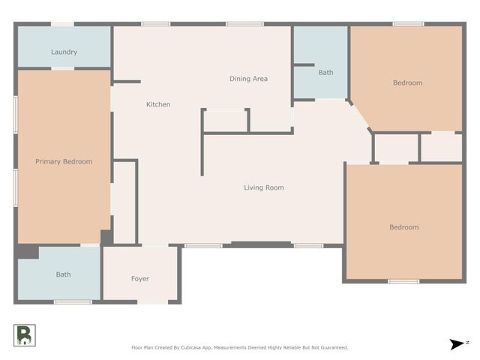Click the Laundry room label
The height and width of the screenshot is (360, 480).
(x=64, y=52)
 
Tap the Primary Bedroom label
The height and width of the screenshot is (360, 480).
(x=64, y=161)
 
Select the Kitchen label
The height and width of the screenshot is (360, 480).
(x=157, y=104)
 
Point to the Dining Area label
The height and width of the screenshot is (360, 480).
(x=248, y=79)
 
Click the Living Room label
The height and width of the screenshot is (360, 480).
(x=263, y=187)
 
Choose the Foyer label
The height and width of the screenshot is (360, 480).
(x=140, y=279)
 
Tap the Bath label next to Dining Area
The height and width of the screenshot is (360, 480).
(x=325, y=73)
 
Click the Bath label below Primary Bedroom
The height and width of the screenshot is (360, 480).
(x=64, y=274)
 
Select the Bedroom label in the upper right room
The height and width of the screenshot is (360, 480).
(x=407, y=82)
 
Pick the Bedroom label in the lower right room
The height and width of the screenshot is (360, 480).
(x=403, y=227)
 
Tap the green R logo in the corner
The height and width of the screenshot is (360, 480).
(x=24, y=335)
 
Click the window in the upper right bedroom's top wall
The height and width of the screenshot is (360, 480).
(x=408, y=24)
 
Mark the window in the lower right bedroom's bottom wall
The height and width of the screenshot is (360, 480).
(x=403, y=281)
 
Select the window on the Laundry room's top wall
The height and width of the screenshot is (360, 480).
(x=62, y=24)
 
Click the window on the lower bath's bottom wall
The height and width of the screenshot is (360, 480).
(x=73, y=301)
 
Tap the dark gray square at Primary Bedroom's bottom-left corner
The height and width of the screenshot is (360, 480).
(x=28, y=252)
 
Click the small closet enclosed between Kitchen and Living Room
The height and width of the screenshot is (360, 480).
(x=226, y=121)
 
